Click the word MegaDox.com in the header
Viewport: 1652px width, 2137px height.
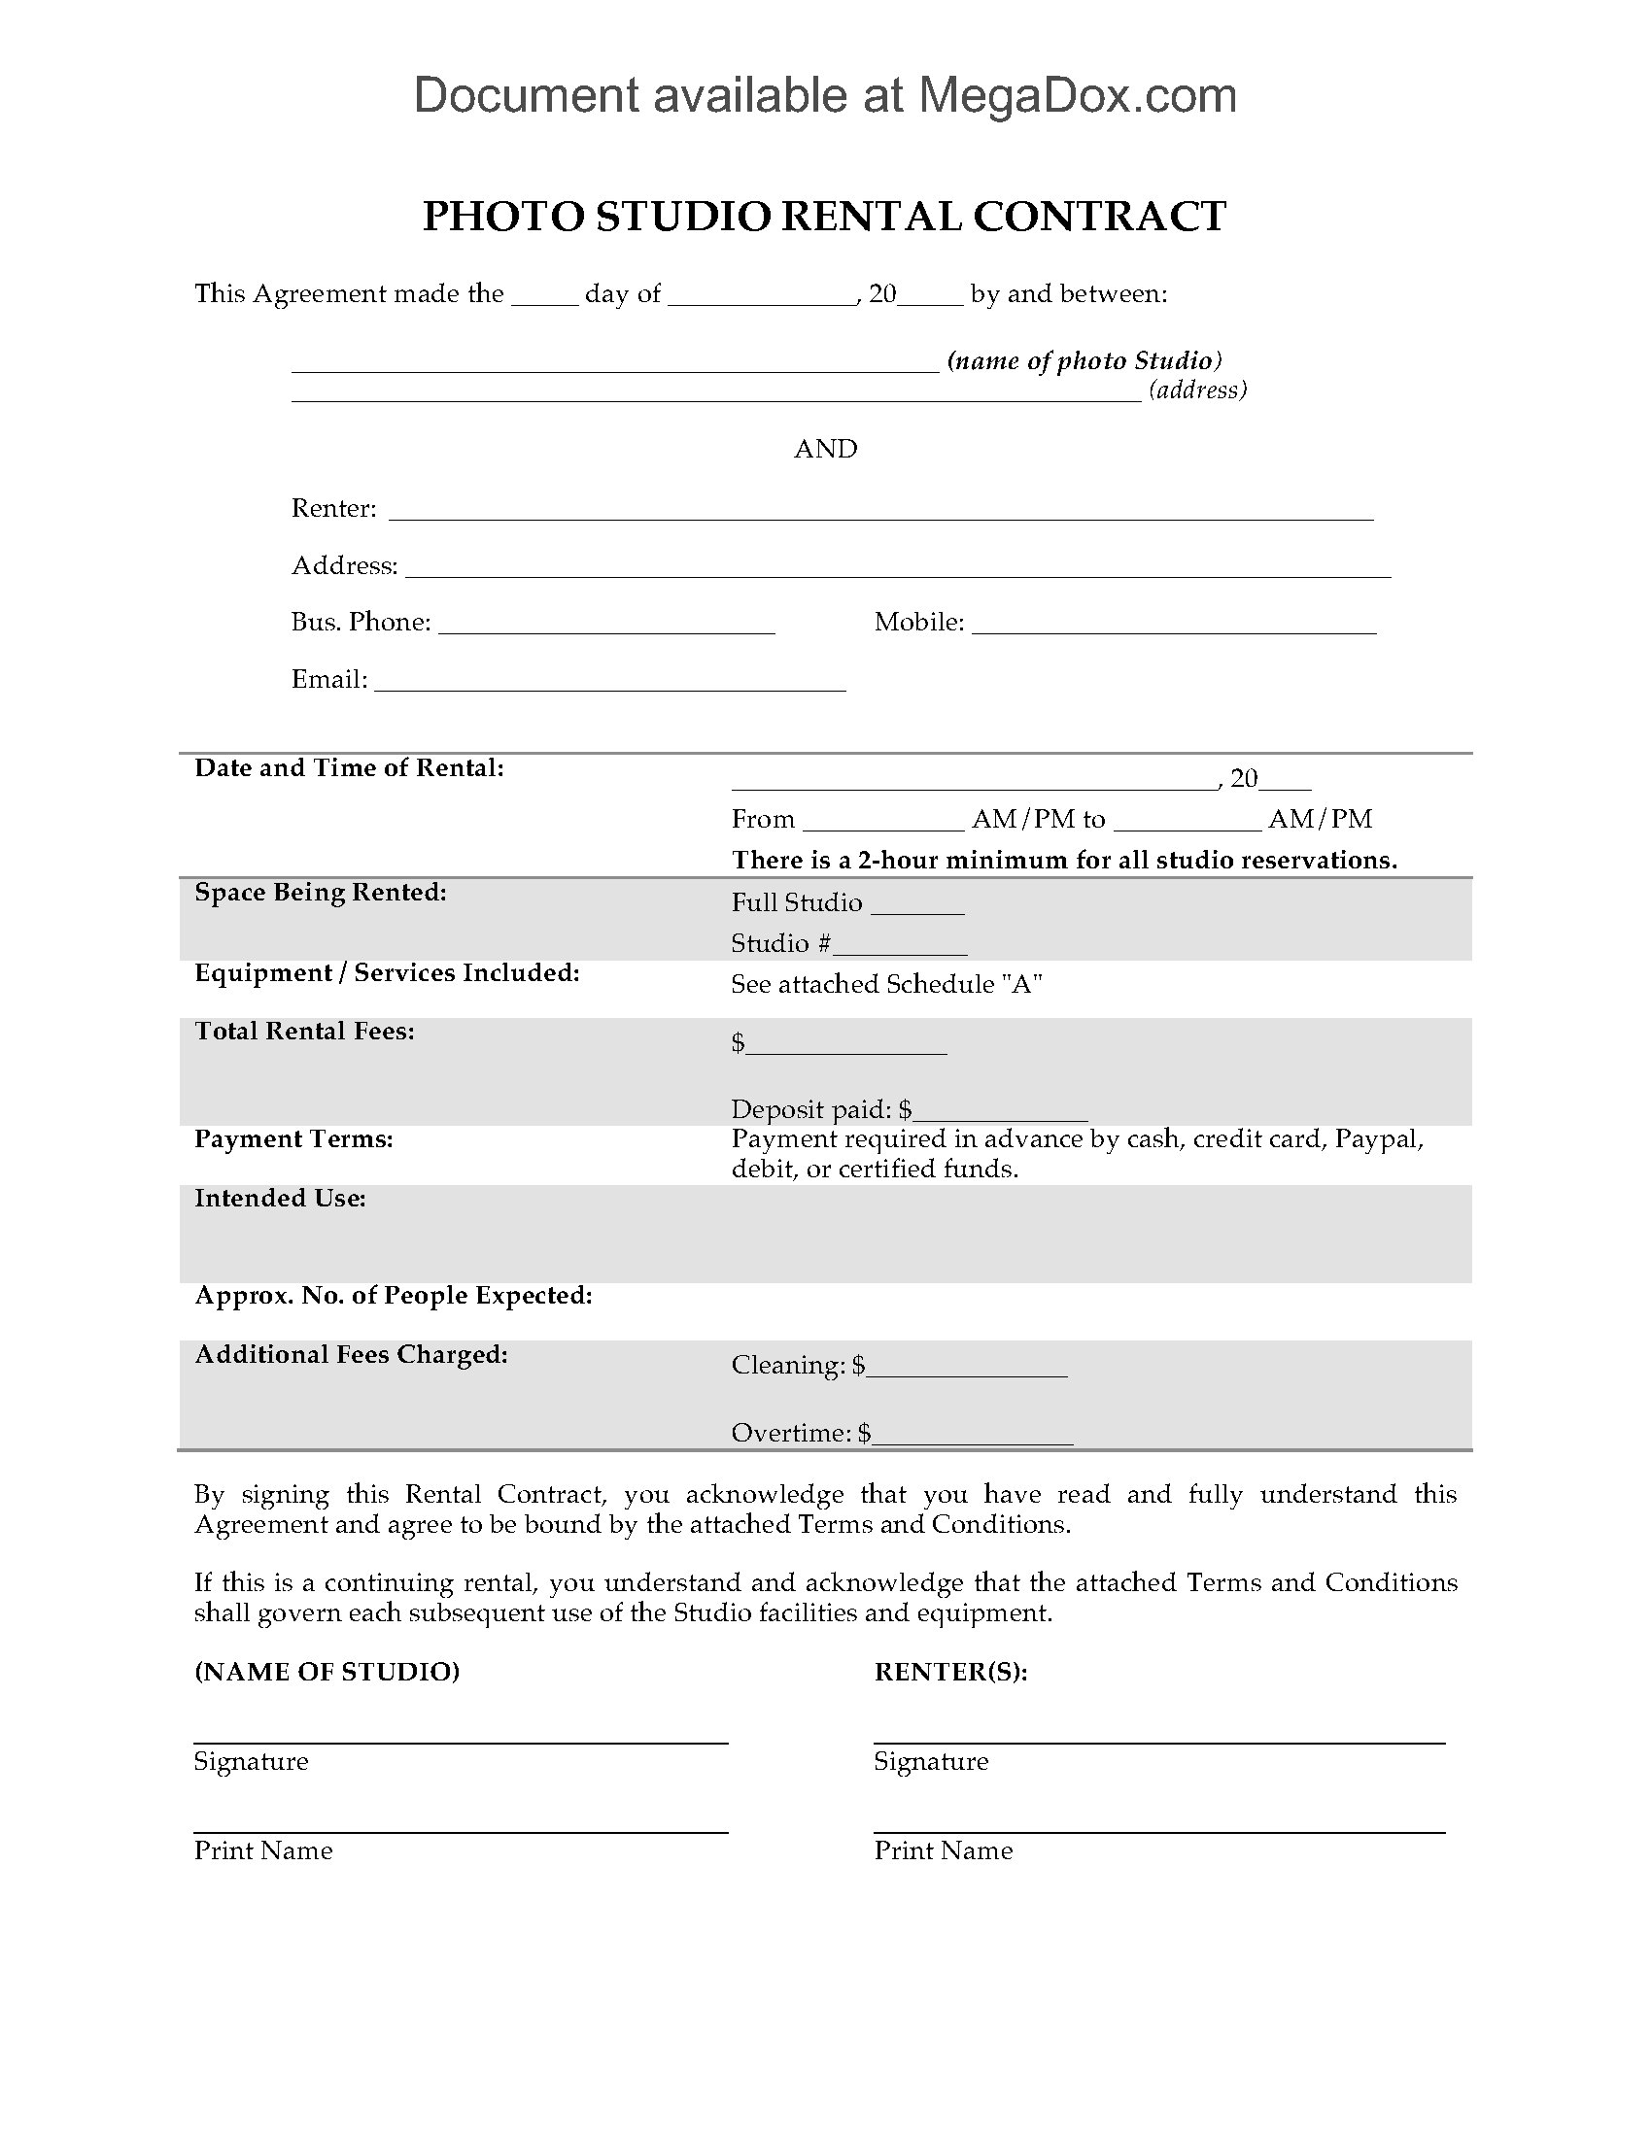[x=1077, y=96]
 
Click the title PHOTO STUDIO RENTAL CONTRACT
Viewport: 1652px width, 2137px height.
[x=824, y=217]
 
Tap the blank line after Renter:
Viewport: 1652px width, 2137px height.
[x=880, y=512]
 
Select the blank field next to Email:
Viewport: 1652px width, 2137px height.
[x=609, y=683]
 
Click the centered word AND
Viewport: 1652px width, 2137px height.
[x=825, y=449]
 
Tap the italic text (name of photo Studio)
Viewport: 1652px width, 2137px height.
[x=1084, y=361]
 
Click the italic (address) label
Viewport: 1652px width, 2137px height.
[x=1198, y=390]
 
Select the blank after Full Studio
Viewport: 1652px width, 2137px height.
[x=917, y=906]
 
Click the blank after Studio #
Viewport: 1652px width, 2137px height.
[x=901, y=947]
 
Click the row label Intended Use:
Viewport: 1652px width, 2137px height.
[x=280, y=1199]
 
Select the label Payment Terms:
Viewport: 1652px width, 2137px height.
[x=293, y=1139]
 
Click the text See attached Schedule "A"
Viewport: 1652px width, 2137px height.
[x=885, y=984]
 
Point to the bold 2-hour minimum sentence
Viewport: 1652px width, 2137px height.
[x=1064, y=860]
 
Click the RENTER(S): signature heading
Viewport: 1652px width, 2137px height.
[x=950, y=1673]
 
